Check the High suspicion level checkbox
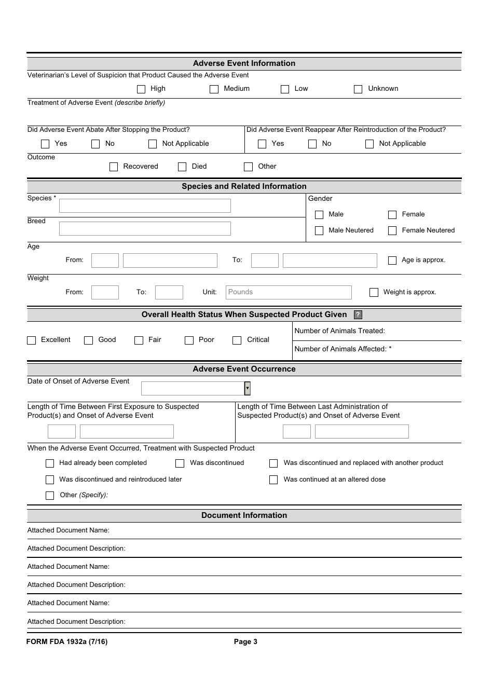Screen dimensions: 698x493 [141, 89]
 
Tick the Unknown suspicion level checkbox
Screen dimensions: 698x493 [358, 89]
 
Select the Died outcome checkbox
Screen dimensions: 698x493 [182, 167]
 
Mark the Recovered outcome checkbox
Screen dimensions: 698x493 [114, 167]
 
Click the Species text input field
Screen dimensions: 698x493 [145, 206]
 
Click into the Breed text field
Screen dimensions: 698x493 [145, 229]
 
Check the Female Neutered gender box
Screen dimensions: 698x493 [392, 230]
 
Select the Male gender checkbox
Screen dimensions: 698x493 [319, 214]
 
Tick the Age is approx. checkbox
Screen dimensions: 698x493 [392, 260]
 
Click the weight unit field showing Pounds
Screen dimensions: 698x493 [289, 292]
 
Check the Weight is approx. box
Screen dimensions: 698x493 [374, 292]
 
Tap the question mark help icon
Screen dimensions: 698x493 [358, 314]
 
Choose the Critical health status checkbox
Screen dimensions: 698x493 [237, 340]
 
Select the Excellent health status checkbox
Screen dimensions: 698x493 [32, 340]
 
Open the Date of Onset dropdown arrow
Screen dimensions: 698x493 [248, 388]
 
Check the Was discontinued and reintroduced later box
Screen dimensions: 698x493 [50, 480]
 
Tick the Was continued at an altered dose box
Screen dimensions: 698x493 [273, 480]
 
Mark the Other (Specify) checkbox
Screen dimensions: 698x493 [50, 496]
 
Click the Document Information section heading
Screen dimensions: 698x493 [244, 515]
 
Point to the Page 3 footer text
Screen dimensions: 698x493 [245, 641]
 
